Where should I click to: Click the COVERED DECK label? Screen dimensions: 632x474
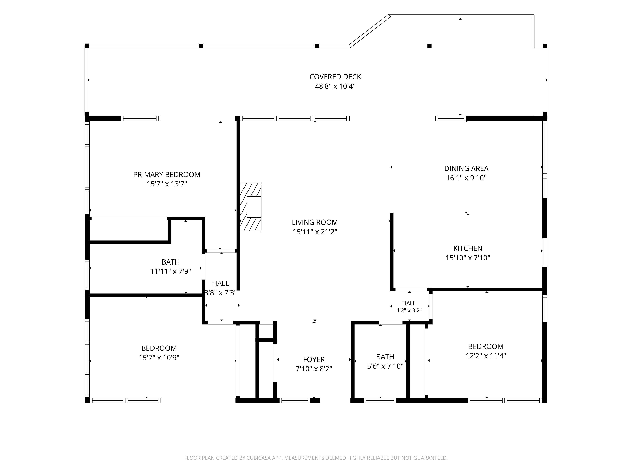[x=335, y=77]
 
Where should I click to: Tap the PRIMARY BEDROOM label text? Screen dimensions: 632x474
[x=167, y=175]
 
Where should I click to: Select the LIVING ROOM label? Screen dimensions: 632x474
[x=315, y=222]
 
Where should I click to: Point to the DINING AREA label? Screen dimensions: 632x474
[x=466, y=169]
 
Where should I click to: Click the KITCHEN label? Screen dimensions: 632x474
[x=468, y=249]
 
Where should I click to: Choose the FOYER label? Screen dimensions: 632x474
[x=314, y=359]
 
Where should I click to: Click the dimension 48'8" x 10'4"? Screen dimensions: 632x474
[x=335, y=86]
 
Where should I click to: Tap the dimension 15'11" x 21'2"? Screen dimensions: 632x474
[x=315, y=232]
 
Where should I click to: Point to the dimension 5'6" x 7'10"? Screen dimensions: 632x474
[x=385, y=366]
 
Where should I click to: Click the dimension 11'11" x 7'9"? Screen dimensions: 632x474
[x=171, y=271]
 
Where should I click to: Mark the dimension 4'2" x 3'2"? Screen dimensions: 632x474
[x=409, y=311]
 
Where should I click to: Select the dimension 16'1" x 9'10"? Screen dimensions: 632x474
[x=466, y=178]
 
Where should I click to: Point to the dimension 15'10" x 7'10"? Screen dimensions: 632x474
[x=468, y=258]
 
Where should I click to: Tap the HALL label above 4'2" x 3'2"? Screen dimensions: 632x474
[x=409, y=303]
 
